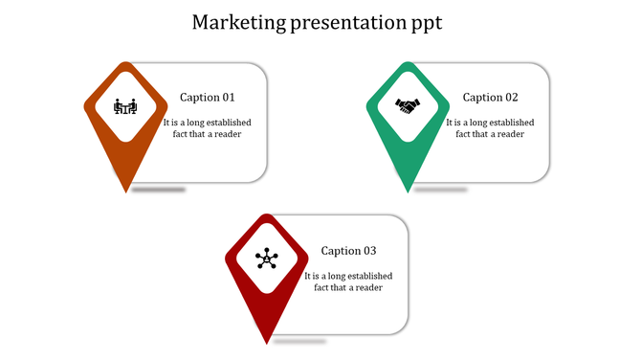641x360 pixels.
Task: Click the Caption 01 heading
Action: point(207,98)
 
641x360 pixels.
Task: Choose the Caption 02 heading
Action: point(490,98)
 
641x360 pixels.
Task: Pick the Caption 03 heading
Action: point(348,251)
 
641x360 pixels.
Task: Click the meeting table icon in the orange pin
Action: point(125,105)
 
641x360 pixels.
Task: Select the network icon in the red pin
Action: point(267,259)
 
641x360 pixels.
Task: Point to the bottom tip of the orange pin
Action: point(126,191)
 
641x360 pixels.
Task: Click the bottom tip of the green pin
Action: point(409,191)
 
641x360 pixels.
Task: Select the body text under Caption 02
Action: point(490,128)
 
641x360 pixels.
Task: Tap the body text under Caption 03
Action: point(348,281)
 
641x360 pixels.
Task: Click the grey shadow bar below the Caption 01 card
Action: point(159,190)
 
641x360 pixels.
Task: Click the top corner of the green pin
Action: point(409,63)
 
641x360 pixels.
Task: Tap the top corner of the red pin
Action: point(267,216)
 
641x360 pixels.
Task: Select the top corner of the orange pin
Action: point(126,63)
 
